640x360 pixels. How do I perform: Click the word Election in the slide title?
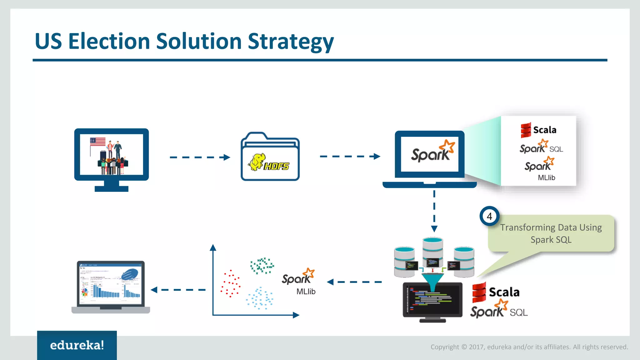(x=109, y=41)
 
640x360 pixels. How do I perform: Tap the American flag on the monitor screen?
(x=98, y=142)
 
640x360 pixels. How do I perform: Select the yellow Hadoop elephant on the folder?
(x=257, y=162)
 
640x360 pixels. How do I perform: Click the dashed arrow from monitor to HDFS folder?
(x=200, y=157)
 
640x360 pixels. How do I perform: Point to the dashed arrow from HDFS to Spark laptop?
(x=350, y=156)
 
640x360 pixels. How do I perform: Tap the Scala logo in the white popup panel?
(x=538, y=130)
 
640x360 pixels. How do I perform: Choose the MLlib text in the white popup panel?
(x=546, y=177)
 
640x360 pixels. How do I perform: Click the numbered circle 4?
(x=489, y=216)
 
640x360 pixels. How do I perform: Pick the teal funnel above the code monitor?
(x=432, y=280)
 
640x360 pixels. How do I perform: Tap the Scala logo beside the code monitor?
(x=496, y=292)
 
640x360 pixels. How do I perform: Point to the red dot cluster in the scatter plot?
(x=231, y=283)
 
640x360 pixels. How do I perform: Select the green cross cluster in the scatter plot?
(x=262, y=266)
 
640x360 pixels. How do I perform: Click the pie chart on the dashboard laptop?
(x=85, y=292)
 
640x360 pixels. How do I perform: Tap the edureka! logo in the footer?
(x=77, y=345)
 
